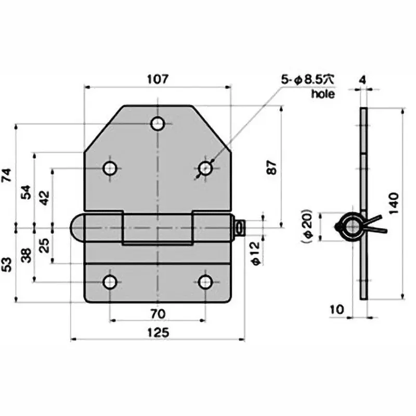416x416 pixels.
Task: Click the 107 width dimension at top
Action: click(158, 80)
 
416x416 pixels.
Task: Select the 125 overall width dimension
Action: click(158, 333)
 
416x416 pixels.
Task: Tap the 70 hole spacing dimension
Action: click(158, 314)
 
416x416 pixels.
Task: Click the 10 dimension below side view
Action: click(337, 309)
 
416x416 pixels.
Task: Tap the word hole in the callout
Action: click(322, 94)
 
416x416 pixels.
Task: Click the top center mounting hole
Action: click(158, 124)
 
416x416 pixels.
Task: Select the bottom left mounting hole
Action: click(109, 282)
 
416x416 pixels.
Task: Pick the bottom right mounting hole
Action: click(205, 282)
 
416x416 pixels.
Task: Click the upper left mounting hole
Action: click(109, 168)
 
